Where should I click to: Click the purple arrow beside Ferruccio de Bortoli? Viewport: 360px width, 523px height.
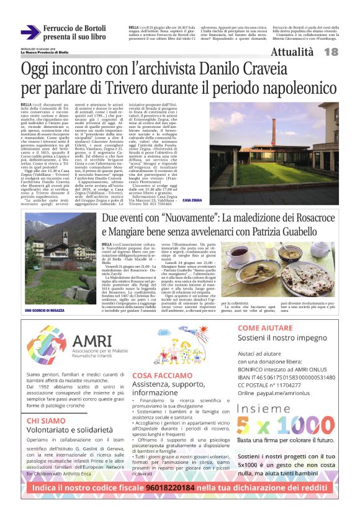tap(30, 32)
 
